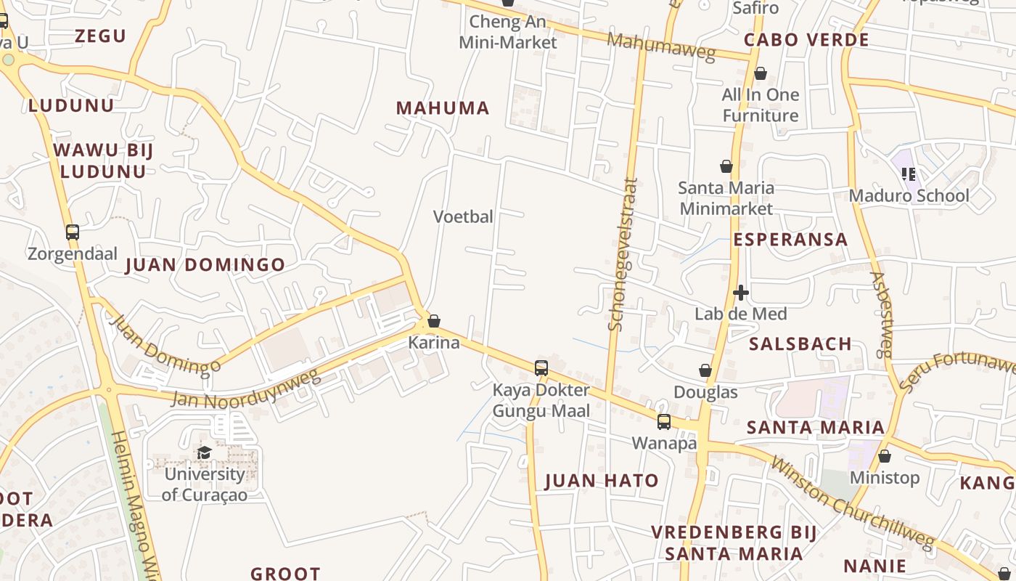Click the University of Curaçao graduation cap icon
(x=205, y=452)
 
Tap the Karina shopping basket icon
(x=434, y=320)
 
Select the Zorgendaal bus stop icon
(x=73, y=232)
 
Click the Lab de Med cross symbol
(x=741, y=293)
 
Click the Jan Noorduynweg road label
(x=245, y=389)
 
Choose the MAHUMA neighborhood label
(x=443, y=108)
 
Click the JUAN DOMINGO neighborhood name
(x=205, y=265)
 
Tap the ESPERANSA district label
(x=790, y=240)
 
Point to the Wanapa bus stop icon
(x=664, y=421)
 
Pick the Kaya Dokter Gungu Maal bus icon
(x=541, y=367)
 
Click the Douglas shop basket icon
(x=705, y=370)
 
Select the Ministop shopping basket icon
(x=884, y=456)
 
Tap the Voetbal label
(x=463, y=216)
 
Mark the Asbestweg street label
(x=880, y=314)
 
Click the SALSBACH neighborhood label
(x=800, y=344)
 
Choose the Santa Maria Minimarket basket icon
(x=726, y=166)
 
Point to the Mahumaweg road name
(x=661, y=46)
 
